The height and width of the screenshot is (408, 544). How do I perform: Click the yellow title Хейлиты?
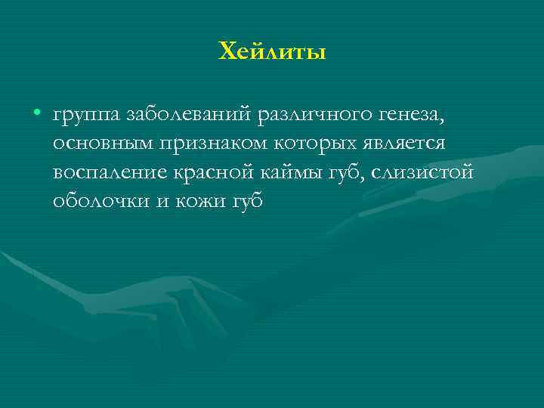272,52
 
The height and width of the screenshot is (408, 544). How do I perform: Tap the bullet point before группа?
36,114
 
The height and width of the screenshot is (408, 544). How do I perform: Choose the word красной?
215,173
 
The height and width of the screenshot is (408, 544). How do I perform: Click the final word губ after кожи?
242,202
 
